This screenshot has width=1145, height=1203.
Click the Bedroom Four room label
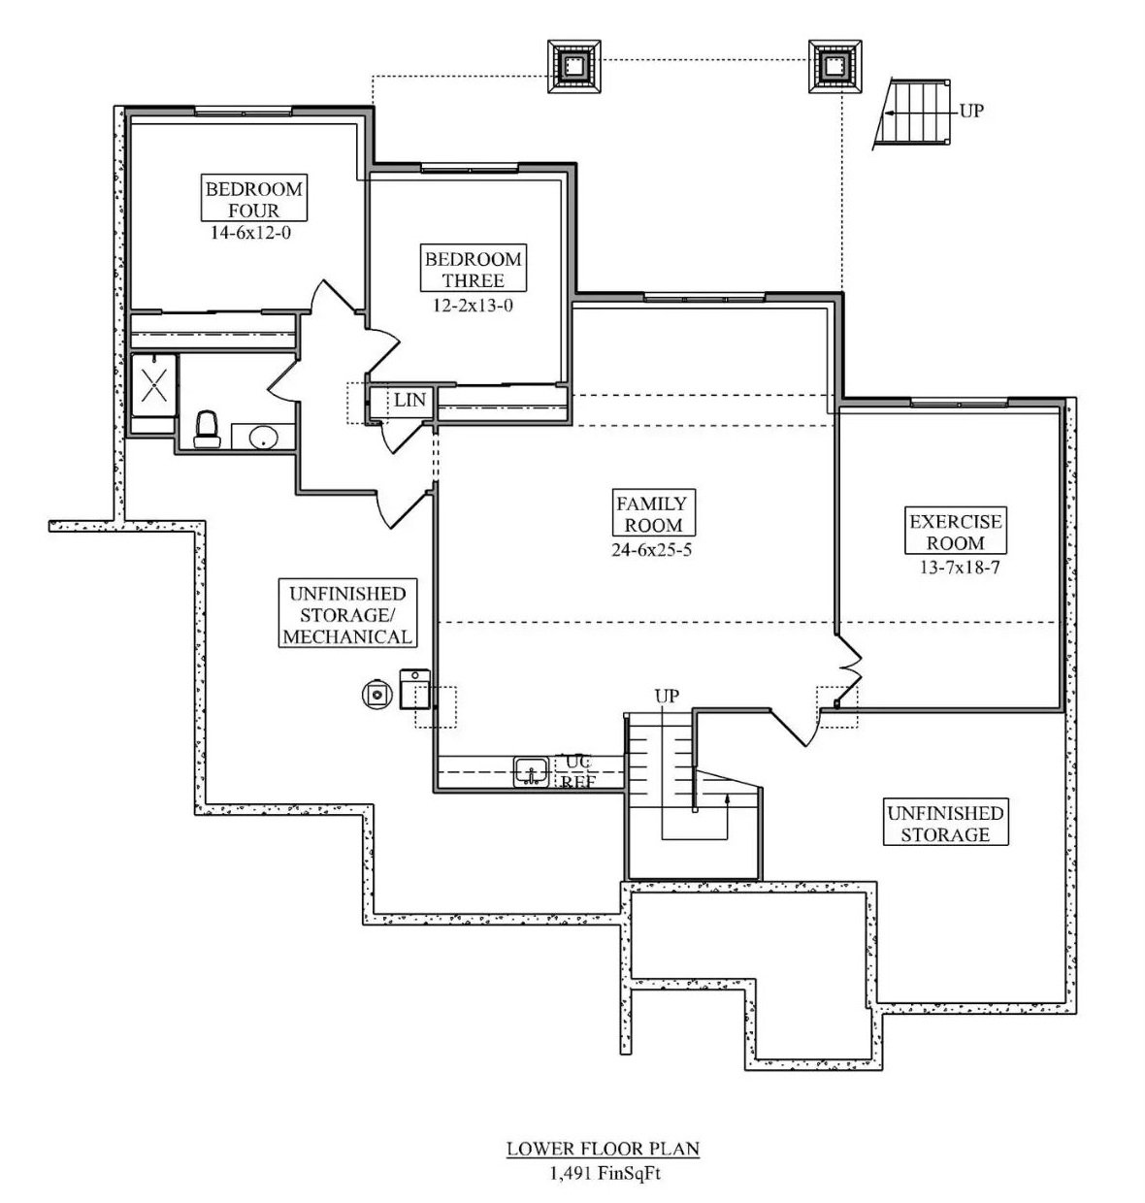(x=253, y=199)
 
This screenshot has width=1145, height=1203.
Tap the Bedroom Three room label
(x=474, y=270)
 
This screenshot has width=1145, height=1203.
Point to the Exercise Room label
(x=955, y=532)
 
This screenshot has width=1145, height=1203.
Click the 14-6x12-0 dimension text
(x=250, y=233)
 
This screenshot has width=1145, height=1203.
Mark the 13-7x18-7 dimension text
(x=955, y=568)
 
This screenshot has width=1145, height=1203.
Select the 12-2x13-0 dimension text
(x=474, y=305)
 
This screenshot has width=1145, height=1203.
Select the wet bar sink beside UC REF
(x=531, y=772)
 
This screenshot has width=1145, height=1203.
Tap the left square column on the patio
(x=575, y=67)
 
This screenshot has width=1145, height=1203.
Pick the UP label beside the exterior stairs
(x=970, y=111)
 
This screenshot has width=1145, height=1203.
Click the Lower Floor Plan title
(x=602, y=1149)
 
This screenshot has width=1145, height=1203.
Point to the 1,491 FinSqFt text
(x=602, y=1173)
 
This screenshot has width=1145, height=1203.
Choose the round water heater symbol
(x=376, y=693)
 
